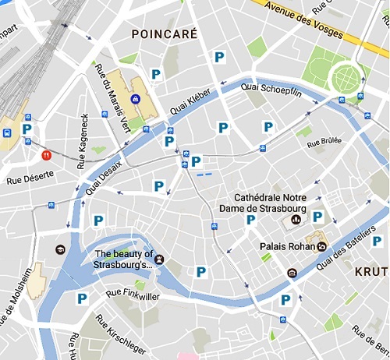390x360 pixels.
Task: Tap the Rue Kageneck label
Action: coord(83,141)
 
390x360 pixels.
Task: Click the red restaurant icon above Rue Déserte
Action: coord(46,155)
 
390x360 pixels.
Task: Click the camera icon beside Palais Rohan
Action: coord(322,246)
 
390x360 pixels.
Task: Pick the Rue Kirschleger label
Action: coord(121,334)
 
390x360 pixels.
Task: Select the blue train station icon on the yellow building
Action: coord(135,99)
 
